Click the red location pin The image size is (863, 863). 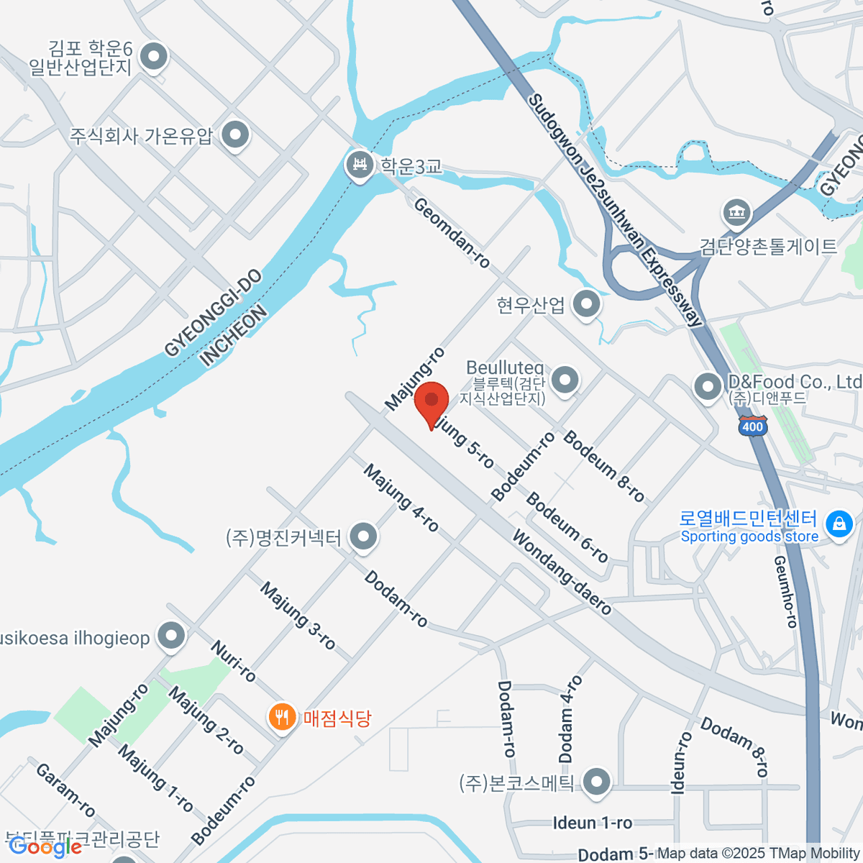[x=431, y=403]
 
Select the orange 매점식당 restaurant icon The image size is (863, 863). [x=282, y=717]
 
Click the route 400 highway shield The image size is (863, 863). [x=752, y=426]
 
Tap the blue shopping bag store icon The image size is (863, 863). [x=839, y=524]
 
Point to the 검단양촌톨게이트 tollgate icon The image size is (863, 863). [x=736, y=213]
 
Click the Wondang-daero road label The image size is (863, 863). [x=562, y=572]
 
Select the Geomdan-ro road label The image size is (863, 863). [x=452, y=234]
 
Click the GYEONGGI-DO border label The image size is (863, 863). [x=213, y=314]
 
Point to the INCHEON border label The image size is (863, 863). [x=234, y=336]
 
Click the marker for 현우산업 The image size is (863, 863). [x=587, y=304]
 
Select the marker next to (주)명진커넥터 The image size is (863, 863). [x=363, y=536]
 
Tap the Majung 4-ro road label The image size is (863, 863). [x=401, y=498]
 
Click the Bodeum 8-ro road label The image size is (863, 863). [x=604, y=465]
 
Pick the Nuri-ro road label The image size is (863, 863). [x=233, y=661]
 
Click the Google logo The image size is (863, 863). [x=45, y=847]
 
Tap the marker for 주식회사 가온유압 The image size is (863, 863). [x=235, y=134]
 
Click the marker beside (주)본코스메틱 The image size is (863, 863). [x=596, y=782]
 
